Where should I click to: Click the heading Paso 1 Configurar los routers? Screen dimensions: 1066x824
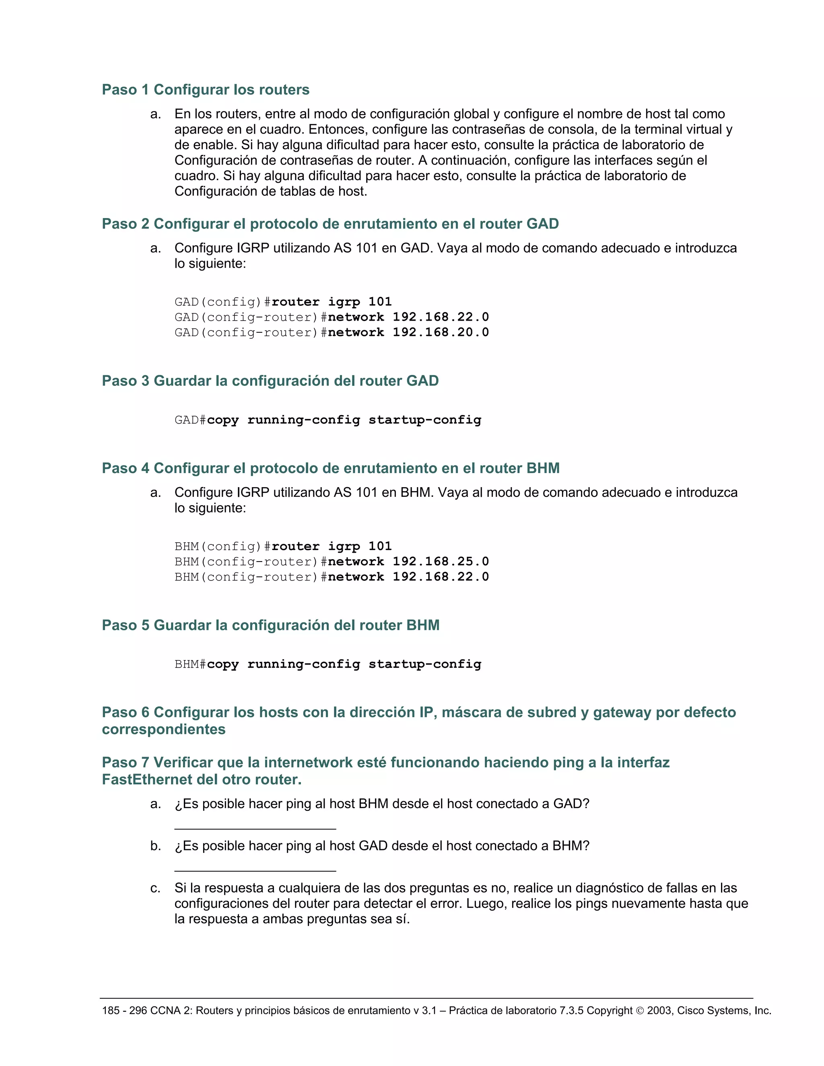point(206,90)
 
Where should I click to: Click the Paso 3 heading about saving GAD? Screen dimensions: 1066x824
point(270,381)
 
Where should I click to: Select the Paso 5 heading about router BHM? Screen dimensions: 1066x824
point(270,625)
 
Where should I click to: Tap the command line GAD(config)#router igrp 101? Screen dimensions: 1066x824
point(283,302)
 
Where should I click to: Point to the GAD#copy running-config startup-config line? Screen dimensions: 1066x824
point(328,420)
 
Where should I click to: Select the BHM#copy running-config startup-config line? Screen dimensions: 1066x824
point(328,664)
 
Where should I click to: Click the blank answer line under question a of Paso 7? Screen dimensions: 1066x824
point(255,828)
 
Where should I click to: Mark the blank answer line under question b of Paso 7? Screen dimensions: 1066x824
point(255,870)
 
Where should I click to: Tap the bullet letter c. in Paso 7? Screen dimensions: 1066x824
point(155,888)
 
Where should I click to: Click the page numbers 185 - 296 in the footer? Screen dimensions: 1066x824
point(124,1010)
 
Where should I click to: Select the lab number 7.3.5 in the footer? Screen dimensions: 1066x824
point(571,1010)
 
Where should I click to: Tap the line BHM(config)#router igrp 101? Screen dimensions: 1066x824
point(283,546)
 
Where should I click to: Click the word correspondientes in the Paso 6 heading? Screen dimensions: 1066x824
point(163,729)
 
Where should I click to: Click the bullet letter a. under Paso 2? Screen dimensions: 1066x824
point(155,249)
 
